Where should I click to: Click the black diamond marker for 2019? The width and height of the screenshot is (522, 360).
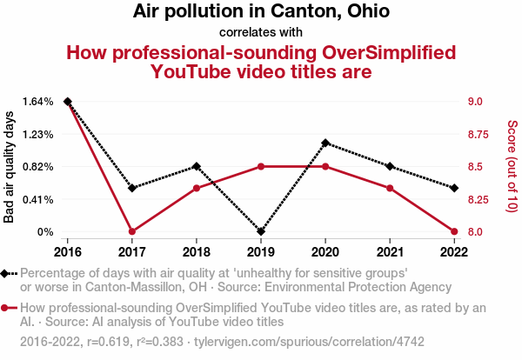(x=261, y=232)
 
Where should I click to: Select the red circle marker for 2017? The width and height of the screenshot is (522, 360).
(x=132, y=232)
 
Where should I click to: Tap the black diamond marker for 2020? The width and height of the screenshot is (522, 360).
(x=325, y=143)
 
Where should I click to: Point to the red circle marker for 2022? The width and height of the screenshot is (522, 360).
(x=454, y=232)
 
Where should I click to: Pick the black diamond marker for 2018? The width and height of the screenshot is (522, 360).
(x=197, y=166)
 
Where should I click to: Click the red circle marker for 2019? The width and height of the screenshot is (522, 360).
(x=261, y=166)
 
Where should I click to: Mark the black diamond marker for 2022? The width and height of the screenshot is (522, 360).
(x=454, y=188)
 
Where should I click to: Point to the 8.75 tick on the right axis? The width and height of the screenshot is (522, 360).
(x=480, y=134)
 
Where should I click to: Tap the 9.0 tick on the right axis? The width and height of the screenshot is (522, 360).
(x=475, y=102)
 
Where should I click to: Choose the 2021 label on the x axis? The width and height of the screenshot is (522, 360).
(x=390, y=251)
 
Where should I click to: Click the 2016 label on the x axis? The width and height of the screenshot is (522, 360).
(x=68, y=251)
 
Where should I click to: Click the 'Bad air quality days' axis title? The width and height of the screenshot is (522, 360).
(x=10, y=167)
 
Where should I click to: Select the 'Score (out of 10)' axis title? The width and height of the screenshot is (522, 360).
(x=512, y=167)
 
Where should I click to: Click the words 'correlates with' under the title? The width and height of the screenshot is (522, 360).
(x=261, y=32)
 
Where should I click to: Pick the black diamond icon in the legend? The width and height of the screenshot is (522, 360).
(x=7, y=273)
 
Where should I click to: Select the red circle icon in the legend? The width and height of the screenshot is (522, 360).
(x=7, y=308)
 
